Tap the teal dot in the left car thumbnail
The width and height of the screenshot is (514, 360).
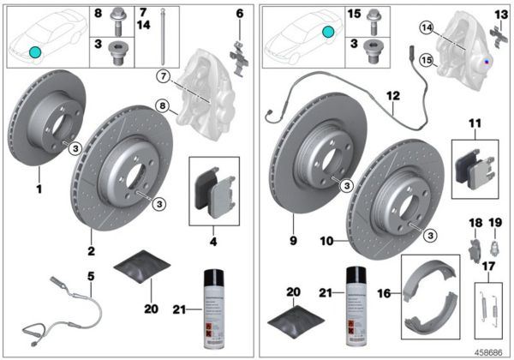point(34,52)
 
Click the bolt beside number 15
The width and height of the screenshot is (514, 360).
point(373,15)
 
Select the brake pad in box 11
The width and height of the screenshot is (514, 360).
point(472,168)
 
